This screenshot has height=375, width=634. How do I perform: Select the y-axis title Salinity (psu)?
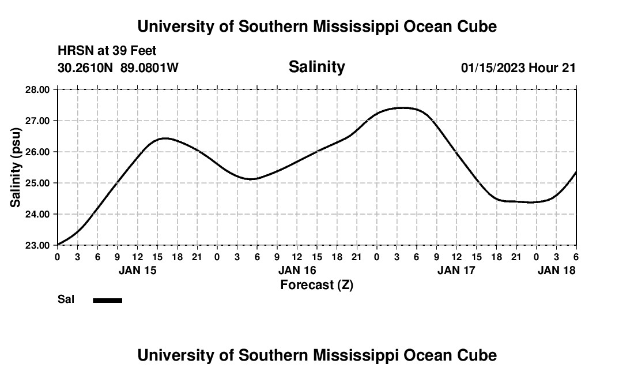[16, 167]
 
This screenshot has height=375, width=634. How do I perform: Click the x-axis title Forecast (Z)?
[316, 284]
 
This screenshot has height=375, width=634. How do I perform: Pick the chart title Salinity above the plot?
[316, 67]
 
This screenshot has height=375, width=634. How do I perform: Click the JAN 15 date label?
[137, 270]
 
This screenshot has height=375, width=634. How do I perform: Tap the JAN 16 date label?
[297, 270]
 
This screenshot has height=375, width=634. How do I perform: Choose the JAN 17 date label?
[456, 270]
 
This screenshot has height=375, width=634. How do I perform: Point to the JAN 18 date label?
[556, 270]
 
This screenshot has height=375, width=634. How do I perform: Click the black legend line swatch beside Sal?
[108, 300]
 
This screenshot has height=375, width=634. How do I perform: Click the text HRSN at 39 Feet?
[107, 51]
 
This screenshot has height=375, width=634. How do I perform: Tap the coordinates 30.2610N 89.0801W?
[118, 67]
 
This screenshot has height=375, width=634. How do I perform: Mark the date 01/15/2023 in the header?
[493, 67]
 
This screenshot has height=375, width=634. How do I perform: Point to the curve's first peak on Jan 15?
[165, 138]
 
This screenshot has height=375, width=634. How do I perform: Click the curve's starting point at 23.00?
[58, 245]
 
